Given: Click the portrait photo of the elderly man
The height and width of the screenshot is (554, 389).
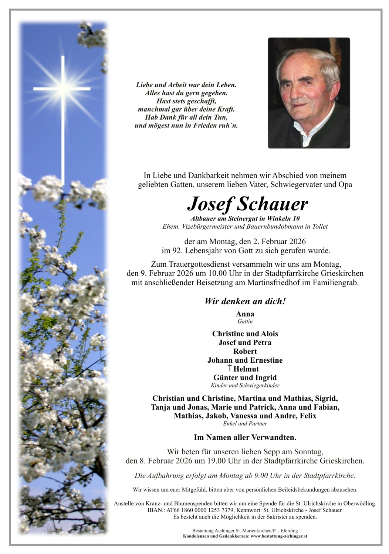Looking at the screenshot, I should (308, 93).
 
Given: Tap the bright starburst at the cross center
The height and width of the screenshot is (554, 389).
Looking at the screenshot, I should (63, 88).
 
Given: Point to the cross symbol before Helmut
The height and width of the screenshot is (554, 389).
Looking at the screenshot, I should (230, 368).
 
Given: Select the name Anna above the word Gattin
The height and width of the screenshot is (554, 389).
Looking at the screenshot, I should (245, 314).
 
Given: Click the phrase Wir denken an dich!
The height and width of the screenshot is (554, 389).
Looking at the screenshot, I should (245, 301).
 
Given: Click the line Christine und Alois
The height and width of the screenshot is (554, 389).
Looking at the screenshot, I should (245, 334).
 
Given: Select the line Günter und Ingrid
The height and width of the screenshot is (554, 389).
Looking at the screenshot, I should (245, 377).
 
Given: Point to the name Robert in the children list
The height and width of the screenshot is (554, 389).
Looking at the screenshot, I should (245, 351).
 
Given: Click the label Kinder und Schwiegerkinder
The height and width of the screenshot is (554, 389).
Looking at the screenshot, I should (245, 386).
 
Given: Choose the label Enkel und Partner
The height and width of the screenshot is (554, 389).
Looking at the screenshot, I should (245, 424).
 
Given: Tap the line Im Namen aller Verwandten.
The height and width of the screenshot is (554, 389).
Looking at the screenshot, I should (245, 438).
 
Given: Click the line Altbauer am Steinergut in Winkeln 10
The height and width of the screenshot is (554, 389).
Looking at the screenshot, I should (245, 219).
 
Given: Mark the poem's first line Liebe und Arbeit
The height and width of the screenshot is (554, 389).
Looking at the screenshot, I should (186, 85).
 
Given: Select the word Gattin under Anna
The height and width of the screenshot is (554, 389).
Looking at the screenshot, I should (245, 322).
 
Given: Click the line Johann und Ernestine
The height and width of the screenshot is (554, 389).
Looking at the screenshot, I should (245, 360).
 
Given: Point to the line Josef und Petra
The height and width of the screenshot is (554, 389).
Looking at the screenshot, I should (245, 342).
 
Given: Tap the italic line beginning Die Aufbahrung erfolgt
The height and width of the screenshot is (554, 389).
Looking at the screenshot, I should (245, 476).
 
